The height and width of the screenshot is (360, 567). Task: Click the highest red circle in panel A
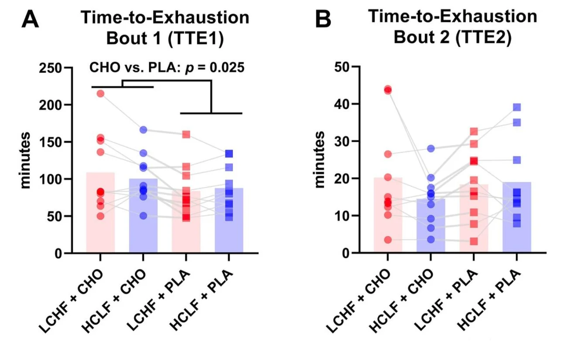pos(100,93)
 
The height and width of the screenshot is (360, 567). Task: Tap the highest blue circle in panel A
pos(143,130)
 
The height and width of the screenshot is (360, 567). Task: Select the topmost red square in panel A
pos(186,134)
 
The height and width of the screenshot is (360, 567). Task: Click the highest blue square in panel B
pos(517,107)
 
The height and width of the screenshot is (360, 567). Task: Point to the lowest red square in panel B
pos(474,241)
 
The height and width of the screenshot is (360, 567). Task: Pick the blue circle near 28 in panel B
pos(431,148)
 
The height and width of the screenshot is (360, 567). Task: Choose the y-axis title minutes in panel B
pos(321,159)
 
